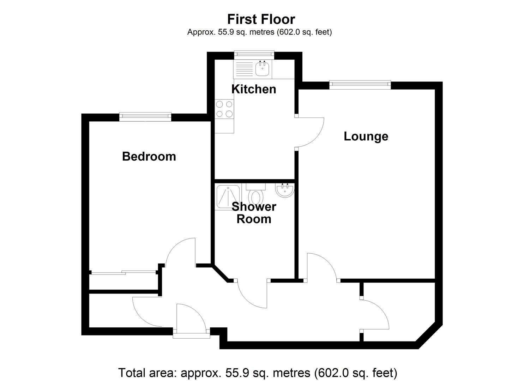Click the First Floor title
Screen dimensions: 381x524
(261, 19)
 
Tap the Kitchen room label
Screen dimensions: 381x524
(254, 89)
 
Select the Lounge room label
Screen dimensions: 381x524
(366, 136)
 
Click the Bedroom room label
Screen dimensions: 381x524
(149, 156)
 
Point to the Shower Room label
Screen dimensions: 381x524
(254, 213)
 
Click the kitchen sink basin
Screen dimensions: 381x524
(262, 69)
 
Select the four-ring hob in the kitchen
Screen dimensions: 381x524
(224, 109)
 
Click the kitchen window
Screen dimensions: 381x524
(254, 54)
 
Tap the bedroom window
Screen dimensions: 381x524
(145, 115)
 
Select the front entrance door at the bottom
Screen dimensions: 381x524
(191, 317)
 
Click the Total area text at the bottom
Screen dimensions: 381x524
(257, 373)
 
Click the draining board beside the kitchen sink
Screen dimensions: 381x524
(244, 69)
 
